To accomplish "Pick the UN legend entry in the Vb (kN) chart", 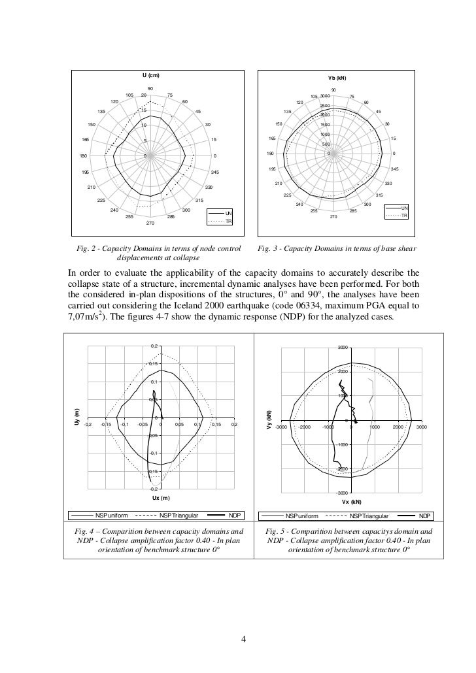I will click(404, 208).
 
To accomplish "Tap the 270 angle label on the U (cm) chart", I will click(150, 223).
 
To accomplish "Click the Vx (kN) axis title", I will click(351, 502).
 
